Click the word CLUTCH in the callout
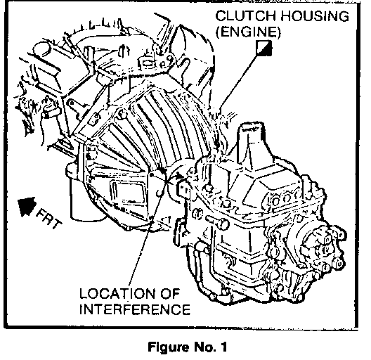tap(246, 16)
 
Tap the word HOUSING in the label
tap(315, 16)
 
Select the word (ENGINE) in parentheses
tap(248, 32)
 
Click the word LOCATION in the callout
tap(118, 294)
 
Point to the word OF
tap(170, 294)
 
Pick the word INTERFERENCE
tap(135, 309)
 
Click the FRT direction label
tap(49, 219)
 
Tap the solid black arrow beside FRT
tap(26, 206)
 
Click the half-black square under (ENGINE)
tap(263, 48)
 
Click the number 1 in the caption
tap(223, 347)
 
